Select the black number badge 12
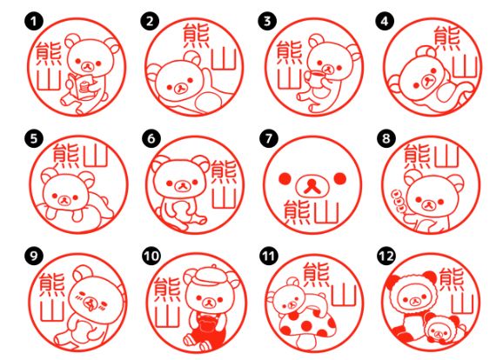coord(386,257)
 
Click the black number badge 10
coord(151,257)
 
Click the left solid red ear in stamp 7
coord(282,178)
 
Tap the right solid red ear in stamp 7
coord(339,178)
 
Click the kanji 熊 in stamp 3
coord(285,55)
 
